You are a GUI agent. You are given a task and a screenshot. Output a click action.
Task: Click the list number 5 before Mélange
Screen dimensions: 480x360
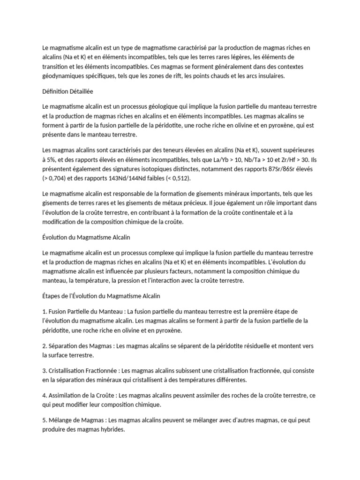point(44,420)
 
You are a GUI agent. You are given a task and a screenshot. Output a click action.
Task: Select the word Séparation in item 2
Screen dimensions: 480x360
point(64,346)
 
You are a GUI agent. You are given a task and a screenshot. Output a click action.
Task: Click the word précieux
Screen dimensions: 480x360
point(191,202)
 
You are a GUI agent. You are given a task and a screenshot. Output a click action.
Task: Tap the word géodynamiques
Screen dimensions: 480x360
point(63,75)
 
